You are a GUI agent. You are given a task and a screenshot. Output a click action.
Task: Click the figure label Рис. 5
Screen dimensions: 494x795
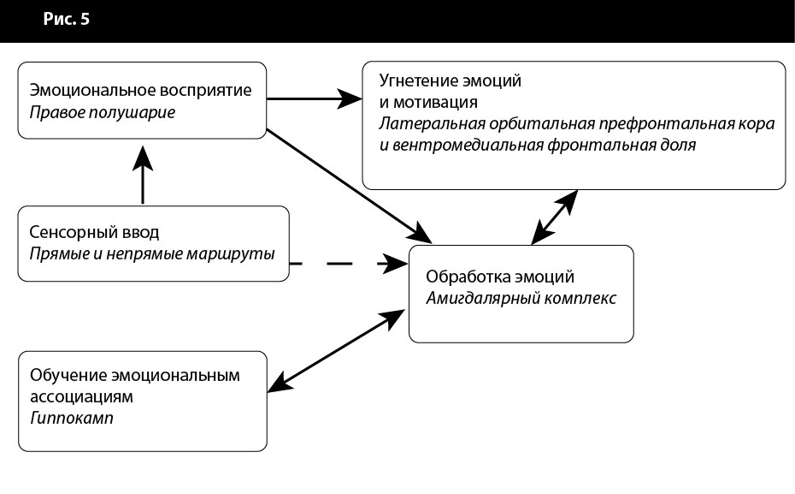coord(67,20)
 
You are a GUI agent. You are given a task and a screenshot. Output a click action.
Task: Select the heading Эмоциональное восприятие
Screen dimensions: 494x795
coord(141,90)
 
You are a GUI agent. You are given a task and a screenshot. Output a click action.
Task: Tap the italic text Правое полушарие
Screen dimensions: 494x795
coord(103,112)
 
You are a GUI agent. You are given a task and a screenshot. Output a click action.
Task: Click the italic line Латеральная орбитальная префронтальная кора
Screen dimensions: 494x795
coord(577,124)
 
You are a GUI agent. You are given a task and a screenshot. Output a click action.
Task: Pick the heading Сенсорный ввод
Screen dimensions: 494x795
coord(94,233)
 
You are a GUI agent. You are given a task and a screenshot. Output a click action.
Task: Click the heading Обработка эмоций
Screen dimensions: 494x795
coord(500,277)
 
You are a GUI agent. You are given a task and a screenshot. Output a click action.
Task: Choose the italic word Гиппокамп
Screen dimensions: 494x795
coord(71,419)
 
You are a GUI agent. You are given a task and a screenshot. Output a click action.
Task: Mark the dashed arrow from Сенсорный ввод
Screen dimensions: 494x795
coord(346,264)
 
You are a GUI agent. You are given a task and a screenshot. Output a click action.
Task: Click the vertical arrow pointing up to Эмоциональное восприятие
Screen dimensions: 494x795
coord(143,176)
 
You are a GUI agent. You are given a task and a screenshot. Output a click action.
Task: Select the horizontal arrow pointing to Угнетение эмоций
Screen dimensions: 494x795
coord(312,98)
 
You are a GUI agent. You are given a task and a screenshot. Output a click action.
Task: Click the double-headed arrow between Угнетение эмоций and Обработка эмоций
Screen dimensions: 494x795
coord(555,217)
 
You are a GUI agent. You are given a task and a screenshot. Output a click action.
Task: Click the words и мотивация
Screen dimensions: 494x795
coord(428,103)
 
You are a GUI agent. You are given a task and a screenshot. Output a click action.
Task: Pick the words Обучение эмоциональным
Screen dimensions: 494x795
coord(135,376)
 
